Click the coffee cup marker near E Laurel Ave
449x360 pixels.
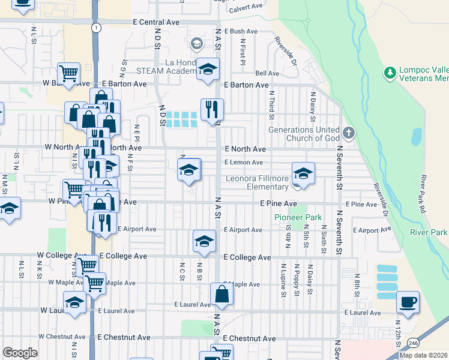point(408,302)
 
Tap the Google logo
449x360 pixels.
point(20,353)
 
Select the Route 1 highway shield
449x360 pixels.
point(95,28)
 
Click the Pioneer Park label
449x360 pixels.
point(298,217)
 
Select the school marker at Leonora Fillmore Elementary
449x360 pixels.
point(303,173)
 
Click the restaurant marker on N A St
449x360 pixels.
point(212,110)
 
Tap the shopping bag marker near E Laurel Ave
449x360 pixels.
point(221,295)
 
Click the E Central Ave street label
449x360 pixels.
point(156,22)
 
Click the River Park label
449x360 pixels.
point(429,232)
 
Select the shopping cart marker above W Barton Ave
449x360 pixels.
point(69,74)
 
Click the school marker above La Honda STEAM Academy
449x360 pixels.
point(208,69)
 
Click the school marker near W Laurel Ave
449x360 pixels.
point(74,302)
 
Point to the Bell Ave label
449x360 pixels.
point(267,73)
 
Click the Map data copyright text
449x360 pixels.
point(424,355)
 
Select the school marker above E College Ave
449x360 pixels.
point(204,241)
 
